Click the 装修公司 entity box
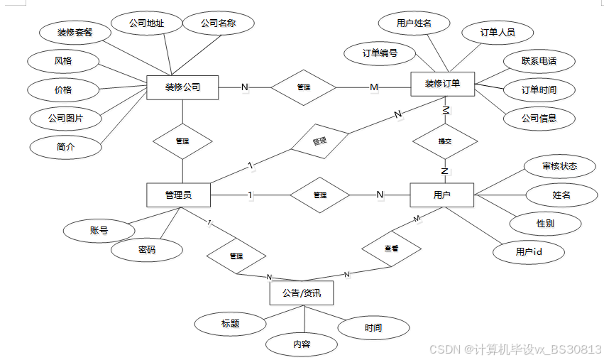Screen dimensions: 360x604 (x=182, y=87)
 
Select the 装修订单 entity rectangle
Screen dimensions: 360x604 (x=442, y=84)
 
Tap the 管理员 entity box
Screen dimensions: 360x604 (x=178, y=195)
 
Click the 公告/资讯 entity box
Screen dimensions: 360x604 (x=302, y=293)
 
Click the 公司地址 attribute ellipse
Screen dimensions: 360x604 (x=147, y=23)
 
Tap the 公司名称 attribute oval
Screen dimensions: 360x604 (x=218, y=23)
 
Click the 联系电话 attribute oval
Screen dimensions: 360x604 (x=539, y=61)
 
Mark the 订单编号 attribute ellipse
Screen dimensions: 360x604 (x=380, y=53)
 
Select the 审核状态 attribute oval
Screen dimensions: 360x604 (x=559, y=166)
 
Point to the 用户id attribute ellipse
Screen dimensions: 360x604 (x=529, y=251)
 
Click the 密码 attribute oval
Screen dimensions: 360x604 (x=147, y=249)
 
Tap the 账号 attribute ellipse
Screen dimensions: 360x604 (x=99, y=230)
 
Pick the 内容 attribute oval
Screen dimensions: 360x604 (x=302, y=344)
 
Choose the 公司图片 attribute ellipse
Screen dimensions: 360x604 (x=66, y=118)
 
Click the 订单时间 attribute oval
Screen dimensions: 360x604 (x=539, y=90)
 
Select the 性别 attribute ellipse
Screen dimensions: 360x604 (x=546, y=223)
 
